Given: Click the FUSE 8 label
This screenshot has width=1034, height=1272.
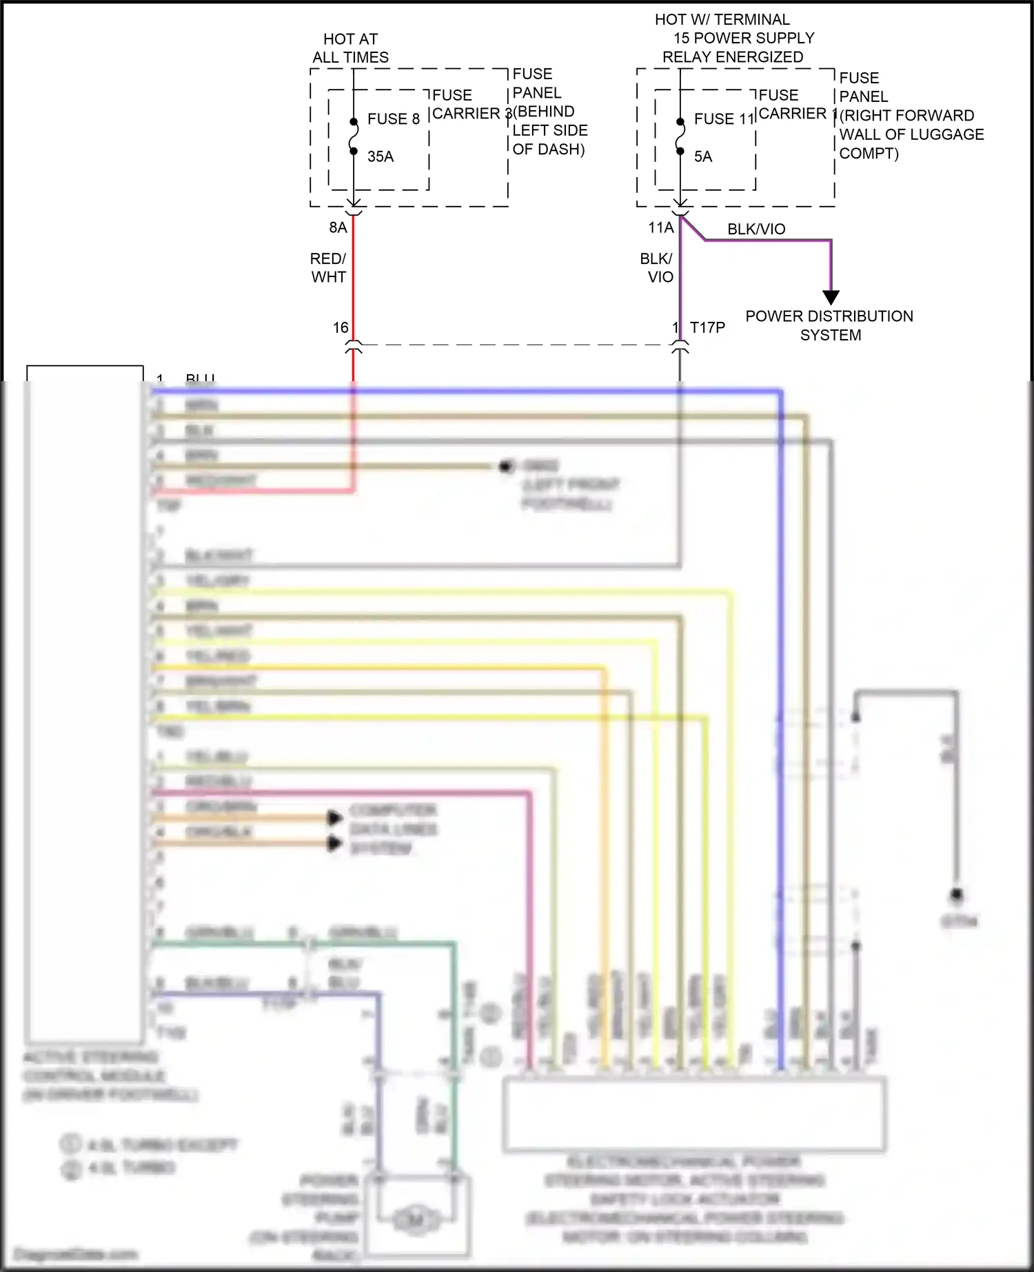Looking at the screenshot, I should click(x=393, y=119).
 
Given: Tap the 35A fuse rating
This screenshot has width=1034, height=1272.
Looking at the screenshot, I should click(x=381, y=156).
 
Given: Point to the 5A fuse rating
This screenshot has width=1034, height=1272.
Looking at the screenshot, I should click(x=703, y=156).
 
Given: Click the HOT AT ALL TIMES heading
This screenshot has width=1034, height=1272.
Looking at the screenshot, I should click(x=350, y=48).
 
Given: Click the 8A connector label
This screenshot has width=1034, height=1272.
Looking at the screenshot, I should click(x=338, y=227).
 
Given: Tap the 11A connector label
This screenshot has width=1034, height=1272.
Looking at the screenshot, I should click(x=660, y=227).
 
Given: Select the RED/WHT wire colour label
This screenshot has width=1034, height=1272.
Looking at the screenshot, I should click(x=328, y=267).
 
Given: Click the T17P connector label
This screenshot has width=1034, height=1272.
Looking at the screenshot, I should click(x=708, y=327).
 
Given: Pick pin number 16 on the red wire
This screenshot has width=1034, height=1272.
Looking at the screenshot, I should click(x=341, y=327).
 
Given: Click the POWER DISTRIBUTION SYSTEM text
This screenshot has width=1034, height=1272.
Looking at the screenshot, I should click(x=829, y=325).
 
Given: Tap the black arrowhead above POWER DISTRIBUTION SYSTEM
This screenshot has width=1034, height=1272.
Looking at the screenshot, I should click(x=831, y=298).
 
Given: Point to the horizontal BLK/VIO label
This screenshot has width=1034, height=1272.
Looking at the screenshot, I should click(x=756, y=229).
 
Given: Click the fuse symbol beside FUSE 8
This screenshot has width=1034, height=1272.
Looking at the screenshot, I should click(x=354, y=136).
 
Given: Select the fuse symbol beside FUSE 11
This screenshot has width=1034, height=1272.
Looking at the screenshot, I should click(x=680, y=136).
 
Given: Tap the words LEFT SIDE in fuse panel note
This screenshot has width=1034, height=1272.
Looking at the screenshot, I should click(x=550, y=130).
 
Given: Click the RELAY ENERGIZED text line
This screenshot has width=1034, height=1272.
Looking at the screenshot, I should click(x=733, y=57).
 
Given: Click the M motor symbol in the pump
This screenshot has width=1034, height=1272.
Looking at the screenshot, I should click(x=416, y=1220).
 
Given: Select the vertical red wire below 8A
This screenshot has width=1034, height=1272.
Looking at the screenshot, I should click(x=354, y=276).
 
